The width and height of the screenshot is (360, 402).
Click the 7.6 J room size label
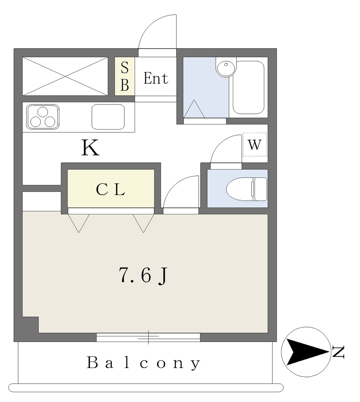click(143, 276)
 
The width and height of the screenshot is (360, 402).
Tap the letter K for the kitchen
click(90, 148)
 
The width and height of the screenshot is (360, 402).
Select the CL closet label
click(110, 190)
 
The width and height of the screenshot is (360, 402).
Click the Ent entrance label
click(155, 79)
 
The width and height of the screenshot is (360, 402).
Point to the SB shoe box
click(124, 76)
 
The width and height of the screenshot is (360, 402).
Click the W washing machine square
click(254, 145)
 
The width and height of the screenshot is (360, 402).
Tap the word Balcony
click(144, 363)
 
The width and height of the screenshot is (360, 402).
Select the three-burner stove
click(42, 117)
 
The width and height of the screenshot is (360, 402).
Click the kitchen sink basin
click(108, 117)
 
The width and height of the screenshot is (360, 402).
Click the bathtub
click(248, 87)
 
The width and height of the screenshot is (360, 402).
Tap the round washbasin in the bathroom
click(226, 69)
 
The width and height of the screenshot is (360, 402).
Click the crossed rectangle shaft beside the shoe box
click(65, 76)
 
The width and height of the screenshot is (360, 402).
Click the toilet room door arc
click(225, 149)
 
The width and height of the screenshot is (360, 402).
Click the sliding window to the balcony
click(148, 337)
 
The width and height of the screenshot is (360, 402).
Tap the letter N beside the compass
click(338, 352)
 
